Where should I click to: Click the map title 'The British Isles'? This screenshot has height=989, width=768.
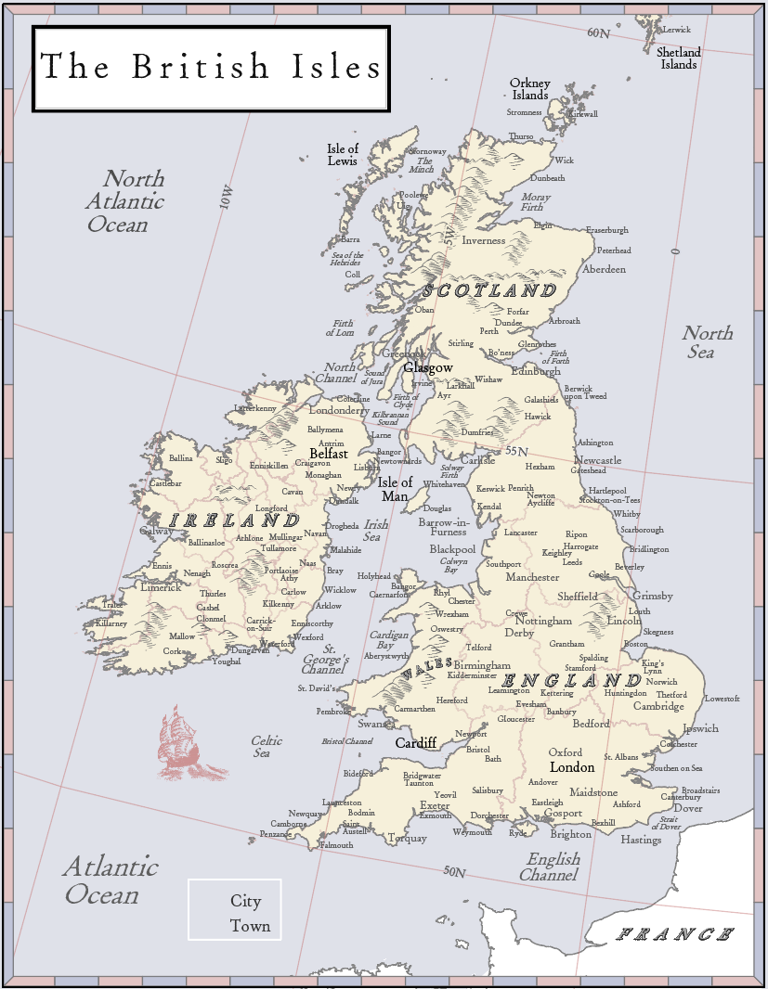coord(211,68)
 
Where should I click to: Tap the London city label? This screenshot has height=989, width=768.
coord(572,767)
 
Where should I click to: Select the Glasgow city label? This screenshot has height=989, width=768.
coord(428,367)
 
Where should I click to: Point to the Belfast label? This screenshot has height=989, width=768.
coord(329,455)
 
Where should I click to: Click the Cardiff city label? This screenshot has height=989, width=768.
coord(416,743)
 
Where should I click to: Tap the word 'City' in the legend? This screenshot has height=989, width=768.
coord(246,901)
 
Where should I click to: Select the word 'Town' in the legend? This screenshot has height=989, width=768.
coord(251,926)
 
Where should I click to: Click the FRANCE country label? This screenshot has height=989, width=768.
coord(676,934)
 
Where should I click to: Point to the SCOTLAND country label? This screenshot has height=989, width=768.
coord(489,290)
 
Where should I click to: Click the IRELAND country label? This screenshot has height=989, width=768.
coord(234,520)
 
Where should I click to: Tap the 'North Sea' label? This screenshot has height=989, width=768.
coord(707,342)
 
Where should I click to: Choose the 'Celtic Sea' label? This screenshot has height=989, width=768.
coord(267,747)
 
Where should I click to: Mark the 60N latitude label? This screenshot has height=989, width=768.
coord(599,33)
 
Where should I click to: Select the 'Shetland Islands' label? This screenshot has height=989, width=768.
coord(679,58)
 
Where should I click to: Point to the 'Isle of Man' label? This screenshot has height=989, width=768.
coord(395,489)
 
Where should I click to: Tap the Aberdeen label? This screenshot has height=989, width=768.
coord(605,269)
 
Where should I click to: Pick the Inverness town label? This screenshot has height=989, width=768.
coord(484,241)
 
